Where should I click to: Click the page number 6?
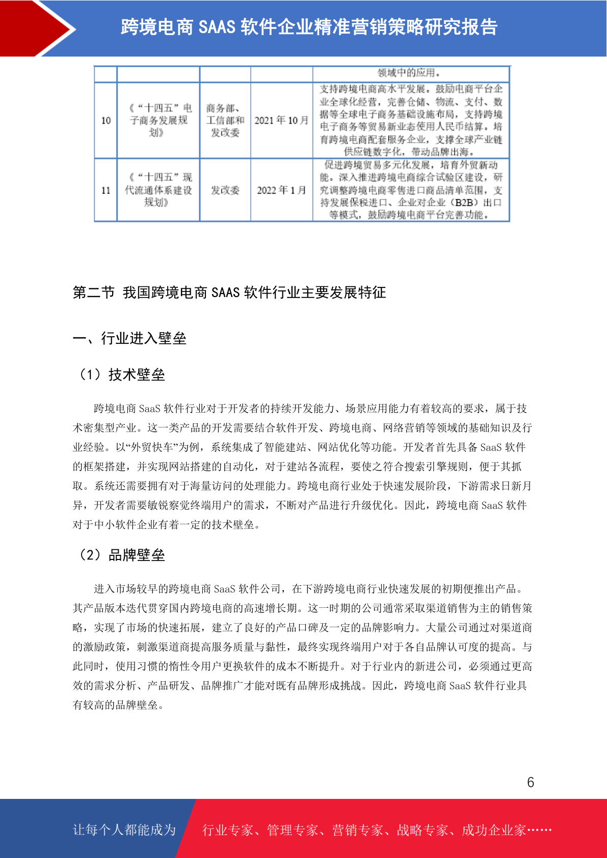(531, 782)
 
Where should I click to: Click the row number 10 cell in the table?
(106, 120)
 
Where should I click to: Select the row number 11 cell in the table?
(106, 190)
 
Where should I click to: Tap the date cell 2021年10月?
(281, 120)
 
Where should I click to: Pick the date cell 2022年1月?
(281, 190)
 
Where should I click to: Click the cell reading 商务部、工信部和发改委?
(225, 120)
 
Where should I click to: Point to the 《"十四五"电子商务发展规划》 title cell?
(159, 120)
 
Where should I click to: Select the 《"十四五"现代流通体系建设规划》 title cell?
(159, 190)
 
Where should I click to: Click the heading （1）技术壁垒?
(120, 374)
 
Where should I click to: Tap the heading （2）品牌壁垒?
(120, 555)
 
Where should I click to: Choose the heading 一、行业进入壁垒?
(129, 338)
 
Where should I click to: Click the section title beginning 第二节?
(229, 292)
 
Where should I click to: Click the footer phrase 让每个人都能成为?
(124, 830)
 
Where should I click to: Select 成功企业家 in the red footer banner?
(493, 830)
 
